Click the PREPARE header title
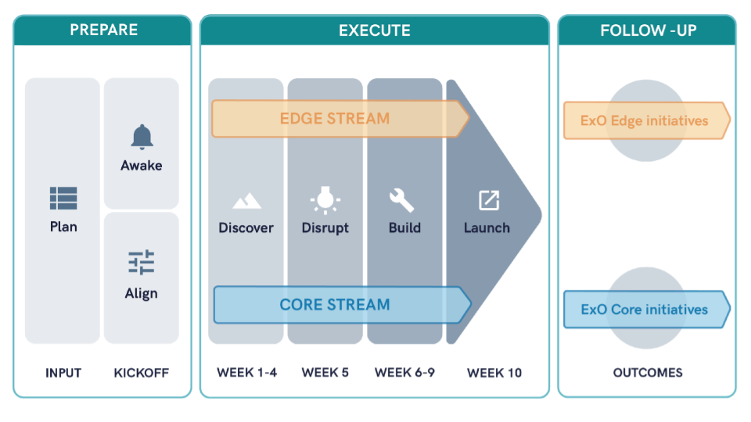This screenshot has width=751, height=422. [x=104, y=30]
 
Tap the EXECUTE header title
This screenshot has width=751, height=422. [x=375, y=30]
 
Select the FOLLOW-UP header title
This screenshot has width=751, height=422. [x=649, y=30]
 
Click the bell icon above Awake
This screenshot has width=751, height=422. [x=142, y=137]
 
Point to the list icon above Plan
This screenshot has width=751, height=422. [x=63, y=198]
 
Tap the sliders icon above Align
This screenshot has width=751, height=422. [x=142, y=263]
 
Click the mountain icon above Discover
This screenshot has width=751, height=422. [x=246, y=201]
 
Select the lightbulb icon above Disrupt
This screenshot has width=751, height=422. [x=325, y=200]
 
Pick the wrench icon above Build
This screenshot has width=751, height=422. [x=401, y=200]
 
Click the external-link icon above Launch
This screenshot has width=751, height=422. [x=489, y=200]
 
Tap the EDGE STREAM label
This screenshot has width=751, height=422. [x=335, y=119]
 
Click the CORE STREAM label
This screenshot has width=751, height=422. [x=335, y=305]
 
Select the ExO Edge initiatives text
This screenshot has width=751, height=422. [x=644, y=120]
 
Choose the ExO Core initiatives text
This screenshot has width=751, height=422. [x=644, y=309]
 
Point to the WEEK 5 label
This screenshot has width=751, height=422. [x=325, y=372]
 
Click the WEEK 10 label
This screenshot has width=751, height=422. [x=494, y=373]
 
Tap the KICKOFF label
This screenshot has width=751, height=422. [x=142, y=373]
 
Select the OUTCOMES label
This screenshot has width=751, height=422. [x=648, y=373]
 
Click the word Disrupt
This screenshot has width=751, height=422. [x=325, y=227]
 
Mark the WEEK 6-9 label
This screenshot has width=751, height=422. [x=404, y=372]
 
